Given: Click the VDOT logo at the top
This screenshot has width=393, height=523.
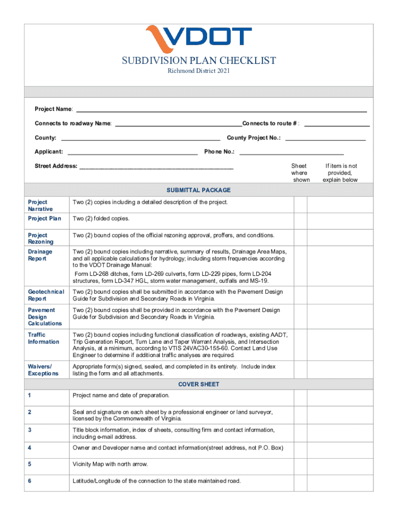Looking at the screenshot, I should coord(199,37).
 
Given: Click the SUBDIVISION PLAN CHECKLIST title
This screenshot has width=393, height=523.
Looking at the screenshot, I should coord(199,61).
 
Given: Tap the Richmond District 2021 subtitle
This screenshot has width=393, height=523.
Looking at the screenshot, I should coord(199,71).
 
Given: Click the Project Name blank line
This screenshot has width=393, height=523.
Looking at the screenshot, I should coord(221,109).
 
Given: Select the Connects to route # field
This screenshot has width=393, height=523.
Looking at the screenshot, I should coord(337,123).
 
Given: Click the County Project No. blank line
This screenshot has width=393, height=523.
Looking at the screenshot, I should coord(325,137).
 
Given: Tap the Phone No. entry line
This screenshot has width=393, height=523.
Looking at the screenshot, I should coord(291,151).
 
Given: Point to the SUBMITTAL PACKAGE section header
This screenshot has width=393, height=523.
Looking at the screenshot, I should coord(199,190).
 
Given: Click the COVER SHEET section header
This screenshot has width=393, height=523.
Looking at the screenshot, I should coord(199,384).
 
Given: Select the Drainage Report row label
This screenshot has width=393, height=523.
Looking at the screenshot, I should coord(40,255).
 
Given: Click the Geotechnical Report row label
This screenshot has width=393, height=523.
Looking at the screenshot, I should coord(46,295).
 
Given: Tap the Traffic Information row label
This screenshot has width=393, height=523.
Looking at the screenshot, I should coord(43,338).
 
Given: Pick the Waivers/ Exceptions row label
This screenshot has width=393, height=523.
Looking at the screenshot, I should coord(43,370).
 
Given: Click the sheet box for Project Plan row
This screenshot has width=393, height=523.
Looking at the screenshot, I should coord(300,219).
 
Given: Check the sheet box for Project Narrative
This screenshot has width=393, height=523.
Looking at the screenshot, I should coord(300,204).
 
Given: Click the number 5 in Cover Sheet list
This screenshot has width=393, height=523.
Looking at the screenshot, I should coord(30,464).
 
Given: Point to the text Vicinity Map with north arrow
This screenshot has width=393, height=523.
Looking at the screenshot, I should coord(110,464).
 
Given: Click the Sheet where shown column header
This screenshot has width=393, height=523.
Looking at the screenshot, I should coord(299,173).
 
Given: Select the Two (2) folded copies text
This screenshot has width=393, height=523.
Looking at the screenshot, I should coord(101,219).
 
